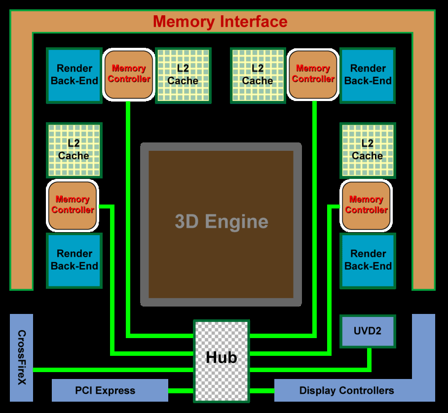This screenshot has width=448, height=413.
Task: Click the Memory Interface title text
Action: point(220,22)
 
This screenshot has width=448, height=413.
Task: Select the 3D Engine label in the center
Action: point(221,222)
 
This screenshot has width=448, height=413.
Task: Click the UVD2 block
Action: point(368,331)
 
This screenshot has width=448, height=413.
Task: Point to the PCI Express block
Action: point(110,390)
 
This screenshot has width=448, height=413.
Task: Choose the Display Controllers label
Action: point(346,391)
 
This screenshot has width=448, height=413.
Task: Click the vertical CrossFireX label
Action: point(21,357)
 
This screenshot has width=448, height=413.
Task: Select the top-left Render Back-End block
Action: point(74,75)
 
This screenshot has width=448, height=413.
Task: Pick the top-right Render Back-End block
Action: point(368,75)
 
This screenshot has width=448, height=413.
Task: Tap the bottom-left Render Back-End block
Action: point(74,260)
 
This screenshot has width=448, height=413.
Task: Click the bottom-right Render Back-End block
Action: point(368,260)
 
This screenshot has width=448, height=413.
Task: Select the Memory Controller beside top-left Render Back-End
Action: point(129,74)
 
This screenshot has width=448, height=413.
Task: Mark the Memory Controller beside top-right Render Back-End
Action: point(313,74)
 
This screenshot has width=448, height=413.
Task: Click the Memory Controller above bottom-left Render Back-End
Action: point(73,205)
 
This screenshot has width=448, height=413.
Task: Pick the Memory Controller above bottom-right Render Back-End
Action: point(366,205)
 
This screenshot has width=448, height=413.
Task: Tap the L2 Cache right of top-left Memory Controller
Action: point(183,75)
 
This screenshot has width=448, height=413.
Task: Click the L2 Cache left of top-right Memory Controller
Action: point(258,75)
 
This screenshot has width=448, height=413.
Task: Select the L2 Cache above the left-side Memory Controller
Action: point(74,150)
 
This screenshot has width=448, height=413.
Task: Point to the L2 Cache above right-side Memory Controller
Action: point(368,150)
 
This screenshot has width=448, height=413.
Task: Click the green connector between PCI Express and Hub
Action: point(181,391)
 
